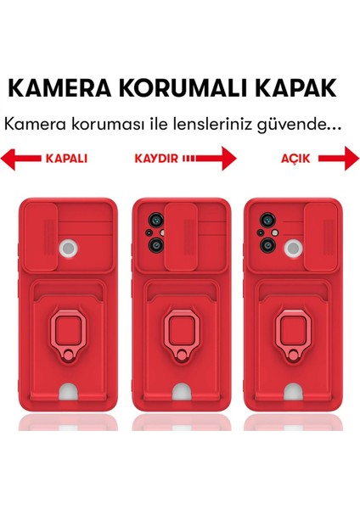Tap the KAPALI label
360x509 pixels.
pyautogui.click(x=66, y=159)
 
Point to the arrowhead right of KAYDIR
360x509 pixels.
pyautogui.click(x=227, y=159)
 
